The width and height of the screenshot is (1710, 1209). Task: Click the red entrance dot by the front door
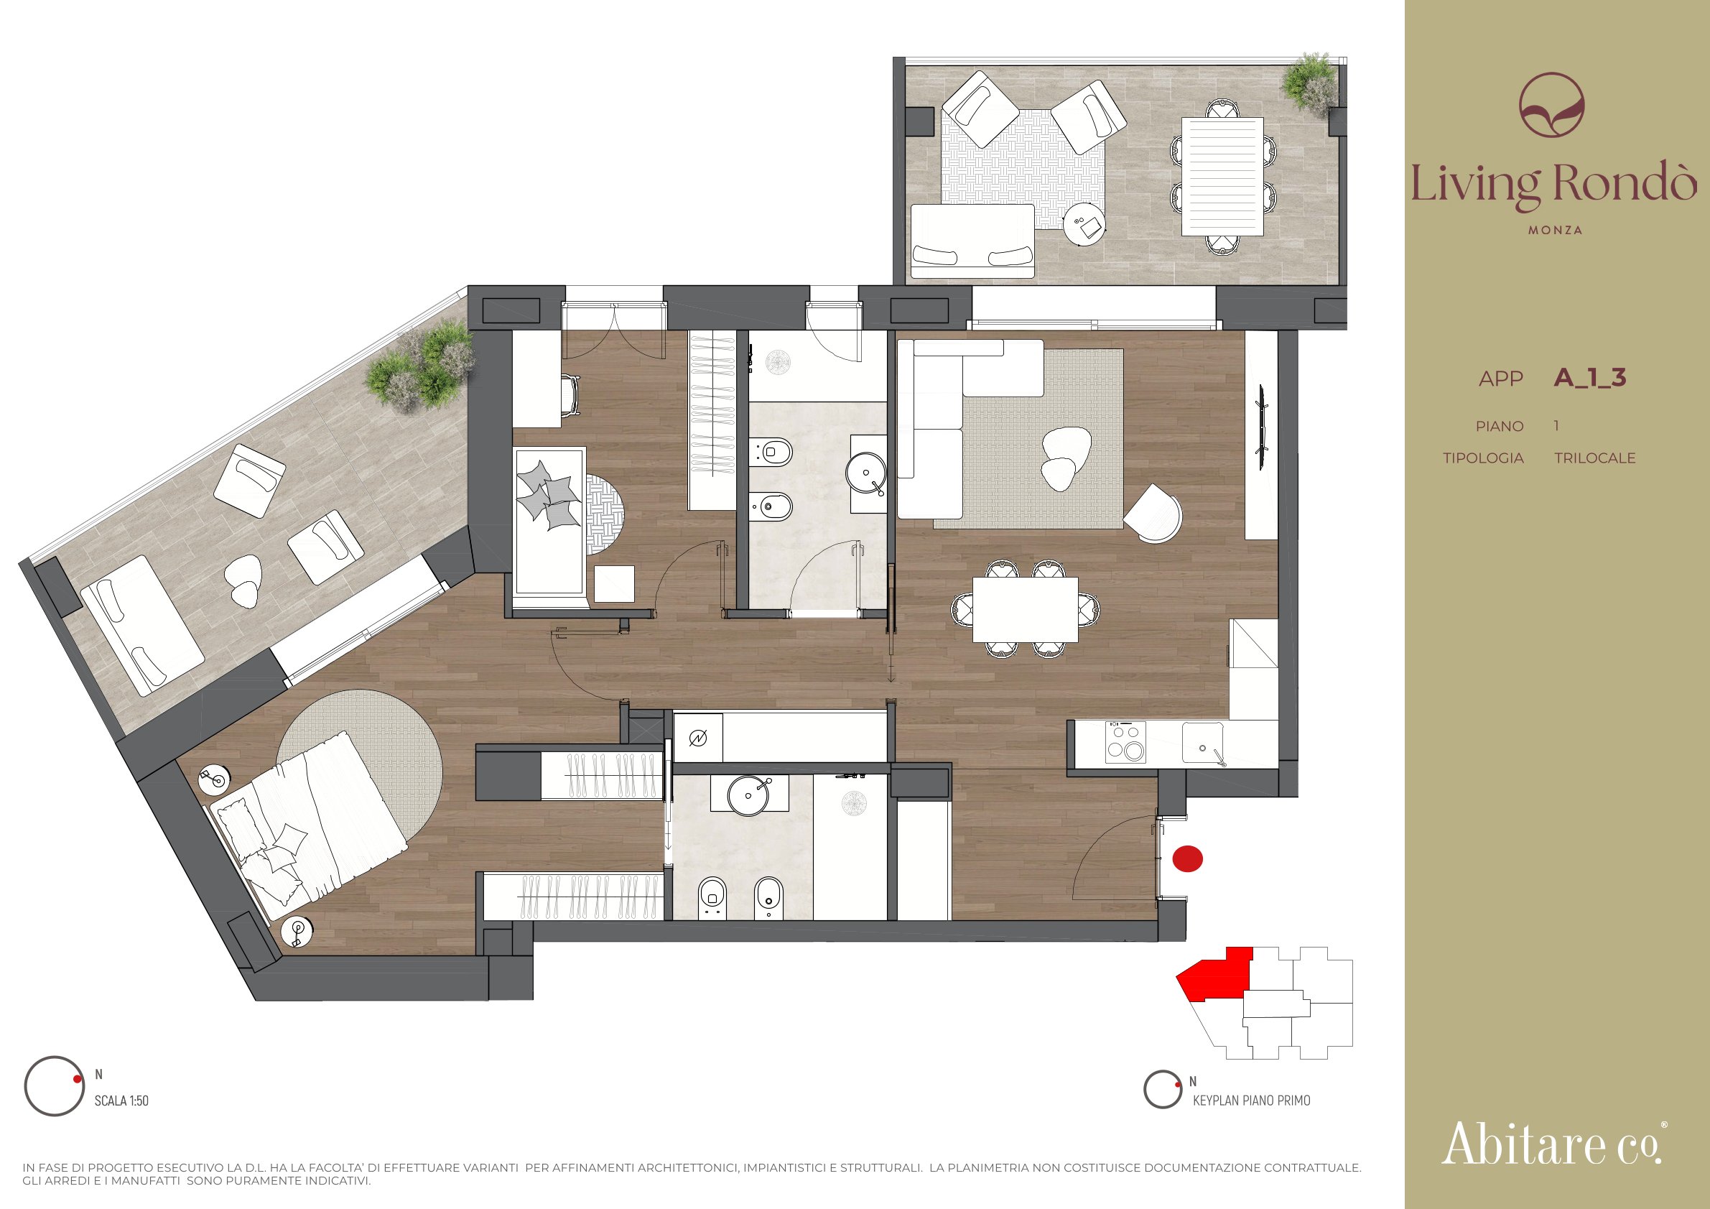coord(1188,858)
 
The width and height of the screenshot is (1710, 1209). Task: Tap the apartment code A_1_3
coord(1589,378)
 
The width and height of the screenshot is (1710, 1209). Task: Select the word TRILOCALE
coord(1594,458)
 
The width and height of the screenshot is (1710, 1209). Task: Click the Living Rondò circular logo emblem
coord(1551,104)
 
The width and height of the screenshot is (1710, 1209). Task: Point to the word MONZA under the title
coord(1555,230)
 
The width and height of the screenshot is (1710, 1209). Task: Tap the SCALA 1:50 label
coord(121,1101)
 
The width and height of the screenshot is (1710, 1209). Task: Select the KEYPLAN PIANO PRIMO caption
coord(1251,1101)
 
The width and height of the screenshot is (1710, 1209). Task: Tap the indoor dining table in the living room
coord(1025,609)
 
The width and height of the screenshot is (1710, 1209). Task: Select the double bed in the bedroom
coord(307,827)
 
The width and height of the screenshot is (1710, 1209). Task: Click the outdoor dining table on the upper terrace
coord(1222,176)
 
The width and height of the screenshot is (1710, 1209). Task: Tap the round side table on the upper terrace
coord(1084,223)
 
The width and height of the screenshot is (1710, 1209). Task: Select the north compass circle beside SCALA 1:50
coord(54,1086)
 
